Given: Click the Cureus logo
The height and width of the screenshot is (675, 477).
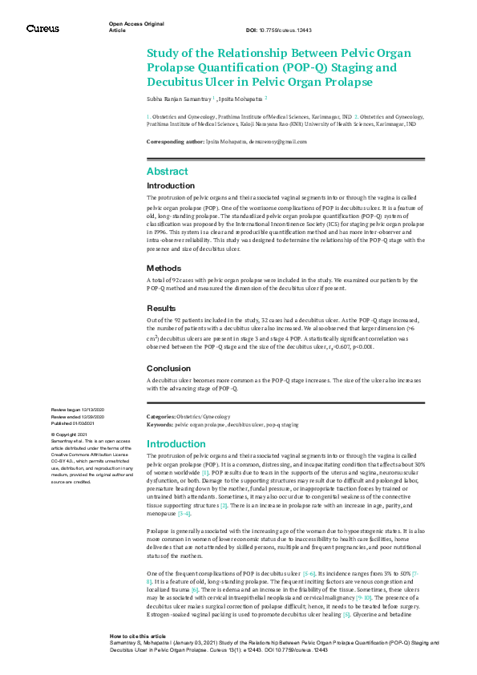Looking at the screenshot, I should point(42,28).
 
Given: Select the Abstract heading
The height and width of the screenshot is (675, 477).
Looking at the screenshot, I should point(167,172).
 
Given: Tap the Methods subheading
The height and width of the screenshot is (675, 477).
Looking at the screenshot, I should point(164,268).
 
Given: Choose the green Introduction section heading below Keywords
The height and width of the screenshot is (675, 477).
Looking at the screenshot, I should point(176,443).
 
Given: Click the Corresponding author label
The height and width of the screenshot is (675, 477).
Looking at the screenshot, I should point(174,141).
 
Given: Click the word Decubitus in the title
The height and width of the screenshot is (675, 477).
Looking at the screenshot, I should point(177,82).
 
